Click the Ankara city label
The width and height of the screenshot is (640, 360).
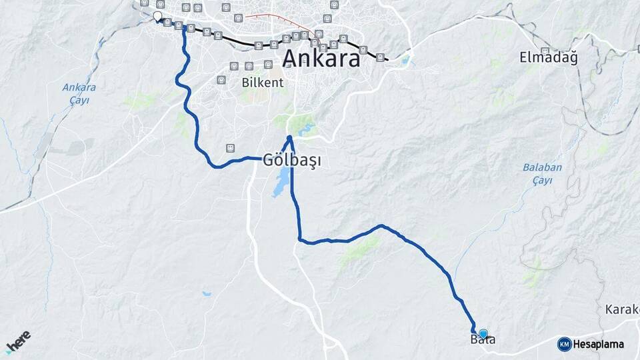[321, 58]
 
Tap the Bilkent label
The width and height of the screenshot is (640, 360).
[263, 83]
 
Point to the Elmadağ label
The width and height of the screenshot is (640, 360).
[548, 58]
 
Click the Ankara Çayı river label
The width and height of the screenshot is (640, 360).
[79, 93]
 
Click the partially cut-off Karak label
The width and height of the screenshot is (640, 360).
[623, 309]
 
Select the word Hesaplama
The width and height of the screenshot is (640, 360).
[599, 344]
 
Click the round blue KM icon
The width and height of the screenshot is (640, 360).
[564, 344]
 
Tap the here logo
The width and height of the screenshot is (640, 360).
[18, 342]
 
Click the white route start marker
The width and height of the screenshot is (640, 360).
[157, 16]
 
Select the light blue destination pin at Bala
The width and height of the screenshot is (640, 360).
[483, 333]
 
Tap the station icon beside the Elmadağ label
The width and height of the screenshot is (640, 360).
[545, 50]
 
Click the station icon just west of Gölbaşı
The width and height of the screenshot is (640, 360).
[230, 147]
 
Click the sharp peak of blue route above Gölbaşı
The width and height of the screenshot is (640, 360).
[289, 138]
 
